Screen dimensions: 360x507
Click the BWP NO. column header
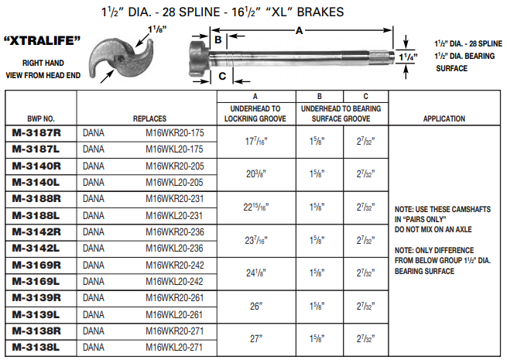(x=40, y=119)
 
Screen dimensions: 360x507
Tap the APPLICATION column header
(x=444, y=119)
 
